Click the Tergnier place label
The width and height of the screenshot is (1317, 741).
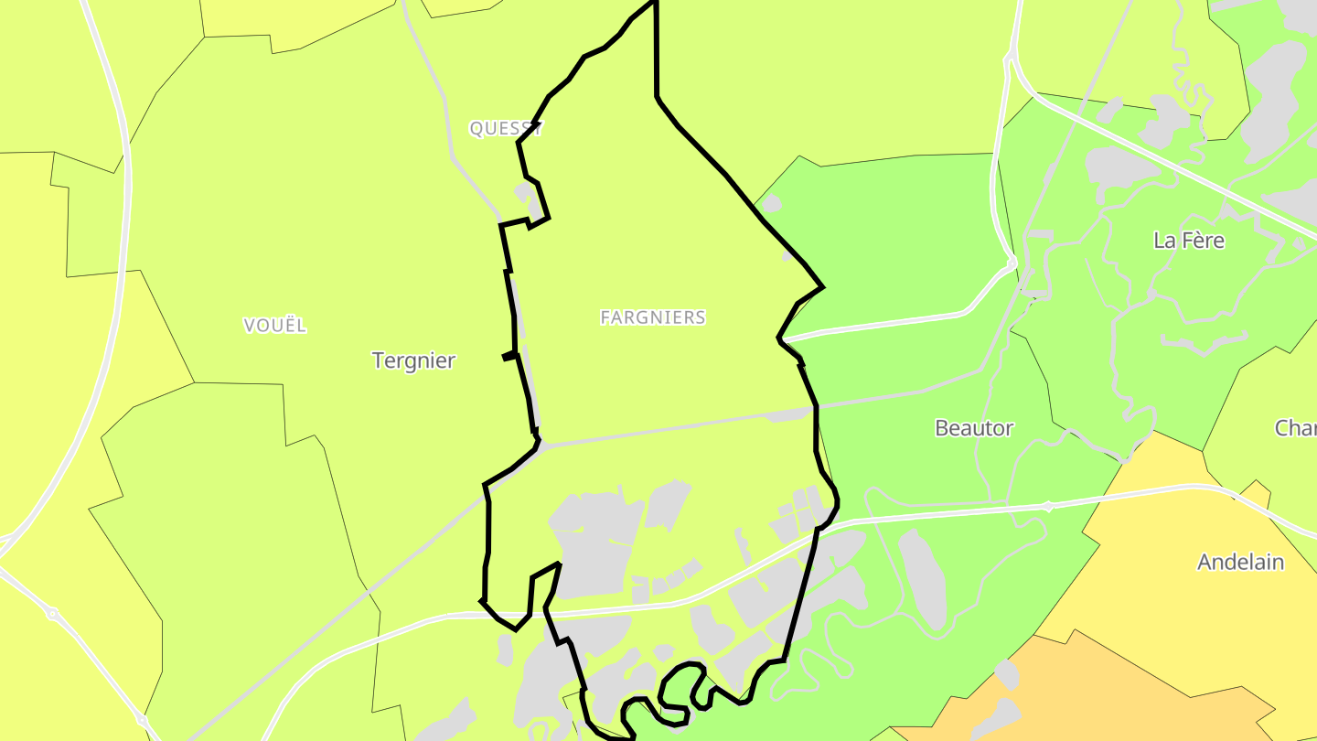pos(413,360)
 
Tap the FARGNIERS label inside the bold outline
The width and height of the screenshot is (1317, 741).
pos(653,317)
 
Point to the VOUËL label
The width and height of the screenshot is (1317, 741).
pos(275,326)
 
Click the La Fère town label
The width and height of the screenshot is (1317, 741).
pos(1189,241)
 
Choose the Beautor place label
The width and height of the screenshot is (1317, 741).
pos(974,428)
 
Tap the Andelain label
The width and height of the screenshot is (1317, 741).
pos(1241,562)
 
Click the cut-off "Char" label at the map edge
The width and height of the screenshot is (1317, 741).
pos(1296,428)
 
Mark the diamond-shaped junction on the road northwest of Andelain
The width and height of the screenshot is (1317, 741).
pos(1049,506)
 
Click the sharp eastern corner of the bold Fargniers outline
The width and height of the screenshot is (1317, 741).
pos(823,287)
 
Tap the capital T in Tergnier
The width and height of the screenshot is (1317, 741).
pos(378,360)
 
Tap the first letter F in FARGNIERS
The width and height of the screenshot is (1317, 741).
pos(605,317)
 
